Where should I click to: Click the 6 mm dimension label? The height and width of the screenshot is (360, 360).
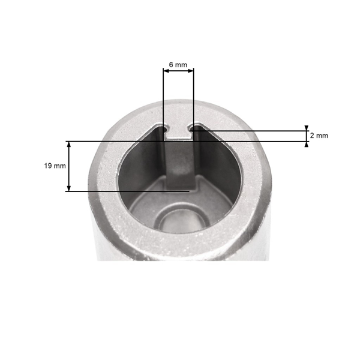178,64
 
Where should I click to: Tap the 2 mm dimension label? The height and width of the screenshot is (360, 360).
319,136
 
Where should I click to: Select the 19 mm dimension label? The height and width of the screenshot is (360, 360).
55,166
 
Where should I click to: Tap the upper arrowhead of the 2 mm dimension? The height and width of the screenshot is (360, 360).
307,128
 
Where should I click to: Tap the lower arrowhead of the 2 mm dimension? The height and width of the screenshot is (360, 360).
307,144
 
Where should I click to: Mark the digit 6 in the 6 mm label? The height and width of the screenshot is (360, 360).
172,64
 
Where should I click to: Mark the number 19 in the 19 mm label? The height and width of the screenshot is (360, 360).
48,166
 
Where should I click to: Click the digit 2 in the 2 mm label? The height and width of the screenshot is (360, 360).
312,136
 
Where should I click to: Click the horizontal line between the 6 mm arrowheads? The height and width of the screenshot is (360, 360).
178,71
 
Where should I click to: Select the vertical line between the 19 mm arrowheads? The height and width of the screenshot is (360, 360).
69,166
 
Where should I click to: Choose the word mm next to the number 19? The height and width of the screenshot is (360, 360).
60,166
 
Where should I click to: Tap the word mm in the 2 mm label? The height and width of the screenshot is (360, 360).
322,136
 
